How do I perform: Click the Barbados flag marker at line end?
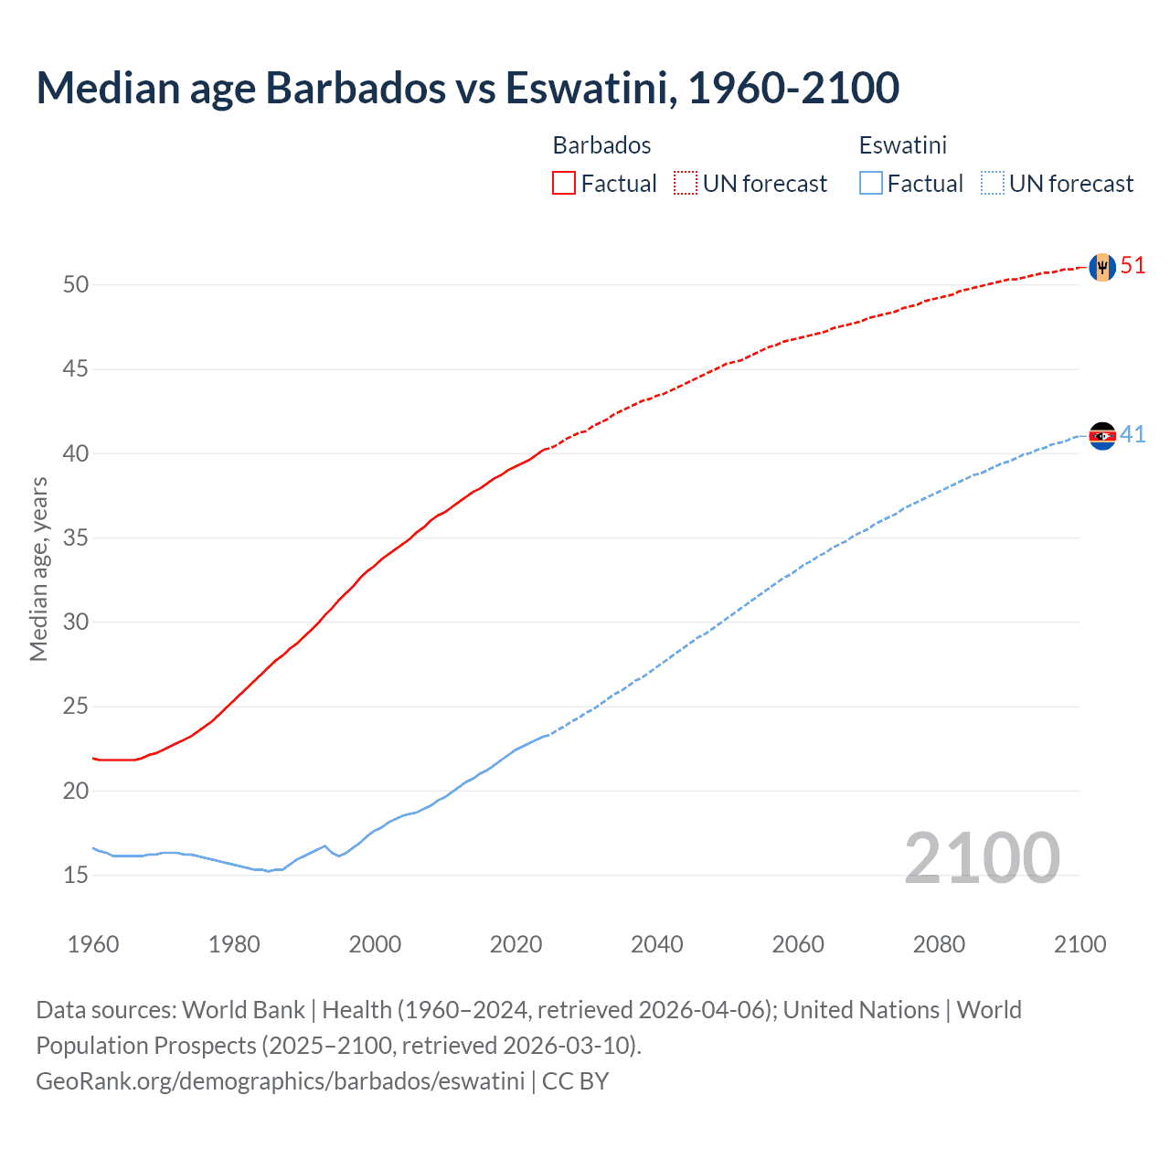[1102, 267]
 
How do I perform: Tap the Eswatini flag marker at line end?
[1102, 436]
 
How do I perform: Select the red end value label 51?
[1133, 266]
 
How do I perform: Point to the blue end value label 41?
[1133, 435]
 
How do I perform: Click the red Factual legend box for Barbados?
[564, 184]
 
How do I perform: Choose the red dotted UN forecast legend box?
[686, 184]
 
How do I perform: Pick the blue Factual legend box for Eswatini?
[871, 184]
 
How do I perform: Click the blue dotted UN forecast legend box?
[992, 184]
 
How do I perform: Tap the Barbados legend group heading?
[601, 145]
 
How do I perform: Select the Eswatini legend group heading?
[902, 145]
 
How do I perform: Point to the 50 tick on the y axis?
[76, 285]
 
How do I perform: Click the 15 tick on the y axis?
[76, 876]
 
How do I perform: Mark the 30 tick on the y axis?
[76, 622]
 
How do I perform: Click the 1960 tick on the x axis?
[93, 944]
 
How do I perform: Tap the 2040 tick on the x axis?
[657, 944]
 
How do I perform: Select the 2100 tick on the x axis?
[1080, 944]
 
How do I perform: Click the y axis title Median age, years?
[38, 569]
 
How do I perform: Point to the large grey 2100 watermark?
[982, 858]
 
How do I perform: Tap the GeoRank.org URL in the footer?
[280, 1081]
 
